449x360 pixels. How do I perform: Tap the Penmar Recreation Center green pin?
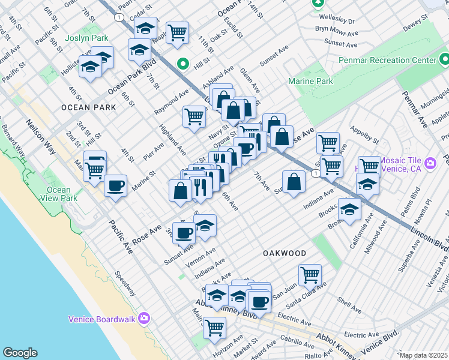[445, 59]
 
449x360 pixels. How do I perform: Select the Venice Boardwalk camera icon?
[144, 318]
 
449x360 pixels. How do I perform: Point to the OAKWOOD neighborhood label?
[285, 254]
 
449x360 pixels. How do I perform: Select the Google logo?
[20, 353]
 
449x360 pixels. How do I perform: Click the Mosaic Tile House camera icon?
[430, 163]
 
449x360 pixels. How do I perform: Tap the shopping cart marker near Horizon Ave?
[214, 327]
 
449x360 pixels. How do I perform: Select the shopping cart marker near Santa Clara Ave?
[310, 274]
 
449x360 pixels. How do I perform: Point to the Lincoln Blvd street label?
[430, 239]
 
